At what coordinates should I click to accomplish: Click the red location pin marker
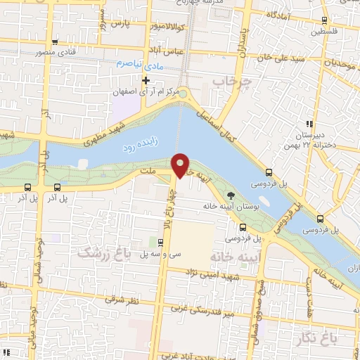click(181, 164)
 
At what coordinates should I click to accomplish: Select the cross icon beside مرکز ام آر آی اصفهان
click(146, 80)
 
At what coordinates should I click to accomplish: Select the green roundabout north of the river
click(183, 94)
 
